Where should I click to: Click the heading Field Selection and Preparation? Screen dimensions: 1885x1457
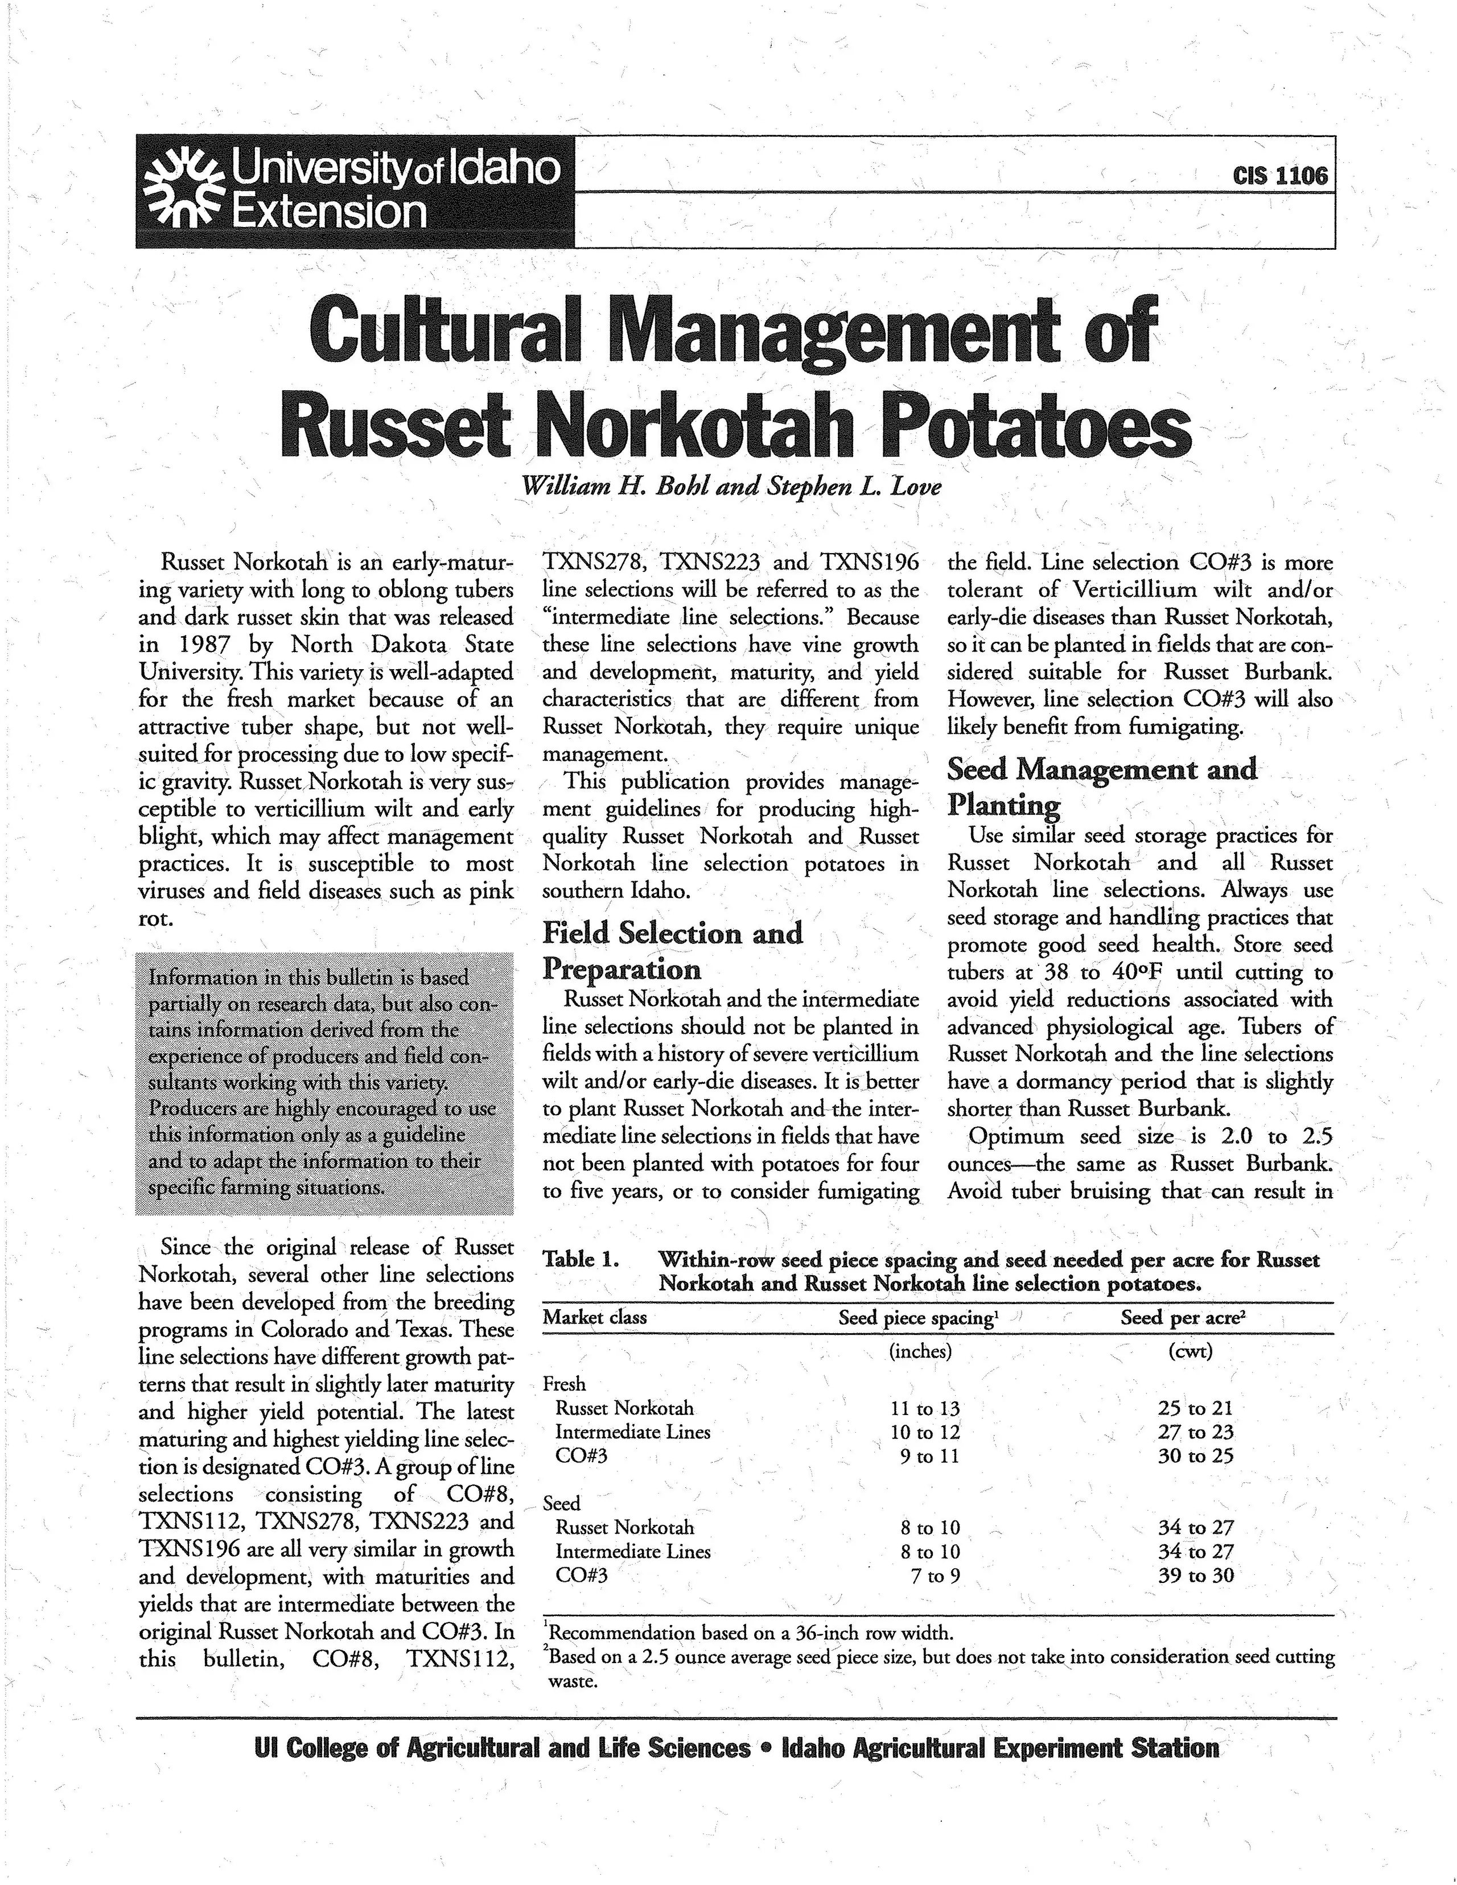(x=672, y=950)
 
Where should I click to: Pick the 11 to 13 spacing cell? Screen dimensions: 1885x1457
(x=924, y=1409)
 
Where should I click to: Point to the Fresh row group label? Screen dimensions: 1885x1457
(x=563, y=1384)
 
